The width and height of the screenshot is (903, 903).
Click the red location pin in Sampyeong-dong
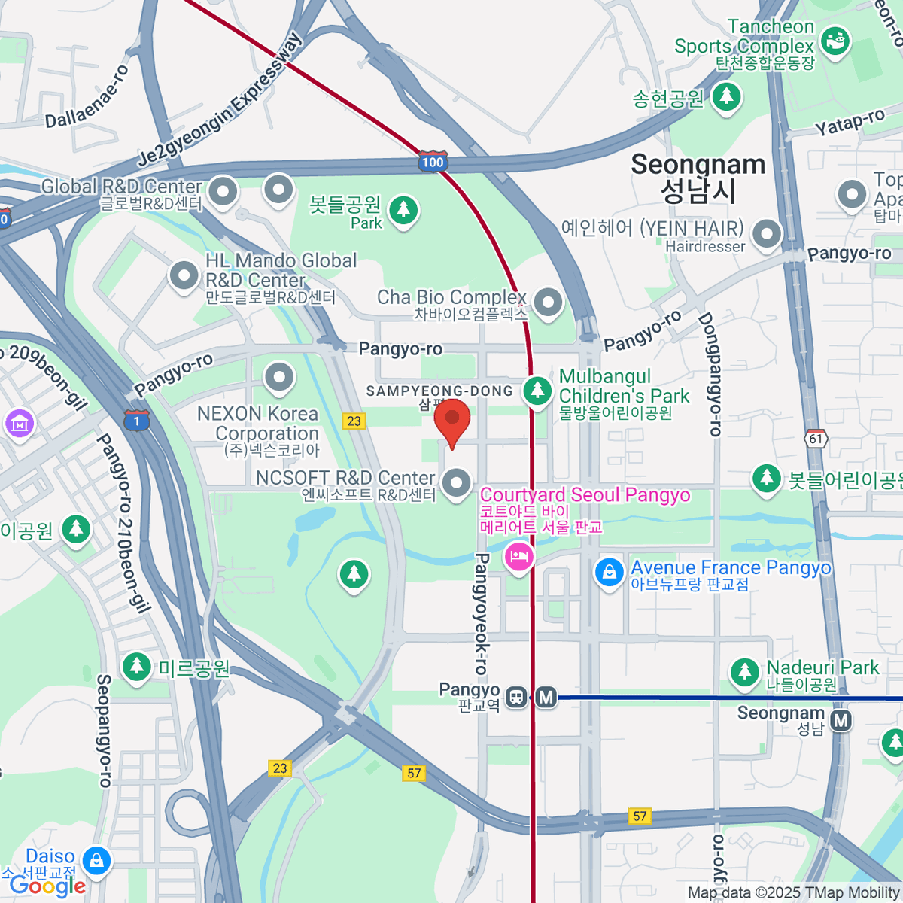452,421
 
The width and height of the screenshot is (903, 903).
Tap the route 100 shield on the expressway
433,162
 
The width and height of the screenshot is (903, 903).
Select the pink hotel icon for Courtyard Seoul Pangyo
518,558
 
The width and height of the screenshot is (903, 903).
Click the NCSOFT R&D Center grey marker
456,482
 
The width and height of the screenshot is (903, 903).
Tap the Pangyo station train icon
516,697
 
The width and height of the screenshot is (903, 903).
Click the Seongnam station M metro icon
841,720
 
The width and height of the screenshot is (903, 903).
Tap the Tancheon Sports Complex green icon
835,41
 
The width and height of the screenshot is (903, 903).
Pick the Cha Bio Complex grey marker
548,303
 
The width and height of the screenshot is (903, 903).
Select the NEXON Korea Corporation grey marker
279,376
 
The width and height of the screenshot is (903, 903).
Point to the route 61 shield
816,438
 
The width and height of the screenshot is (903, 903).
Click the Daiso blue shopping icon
96,860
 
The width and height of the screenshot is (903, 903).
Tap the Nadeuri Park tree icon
745,671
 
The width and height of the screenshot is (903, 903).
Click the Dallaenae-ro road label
87,96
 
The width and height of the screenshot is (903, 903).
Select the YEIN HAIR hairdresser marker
767,233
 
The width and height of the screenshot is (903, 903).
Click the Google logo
47,886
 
